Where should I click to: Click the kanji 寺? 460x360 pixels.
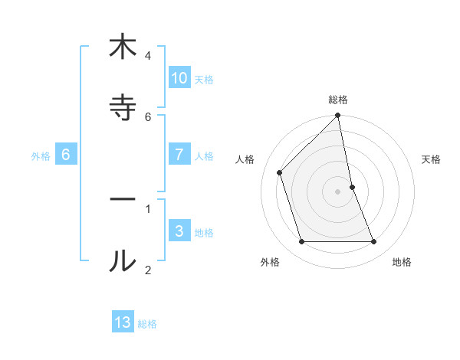[x=123, y=107]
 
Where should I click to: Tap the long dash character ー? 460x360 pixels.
[x=123, y=199]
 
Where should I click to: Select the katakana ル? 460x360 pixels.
[x=123, y=261]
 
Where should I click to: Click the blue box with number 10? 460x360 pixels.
[x=179, y=78]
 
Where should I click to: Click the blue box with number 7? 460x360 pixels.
[x=179, y=155]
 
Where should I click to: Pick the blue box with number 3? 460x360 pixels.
[x=179, y=231]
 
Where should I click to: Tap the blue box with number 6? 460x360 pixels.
[x=66, y=155]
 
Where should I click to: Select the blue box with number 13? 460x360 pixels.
[x=123, y=322]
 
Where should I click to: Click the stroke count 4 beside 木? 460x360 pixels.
[x=148, y=56]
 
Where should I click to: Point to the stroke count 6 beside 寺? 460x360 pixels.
[x=148, y=116]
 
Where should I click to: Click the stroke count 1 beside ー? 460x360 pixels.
[x=148, y=208]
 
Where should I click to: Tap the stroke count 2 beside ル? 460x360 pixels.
[x=148, y=270]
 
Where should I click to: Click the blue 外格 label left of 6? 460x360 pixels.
[x=41, y=156]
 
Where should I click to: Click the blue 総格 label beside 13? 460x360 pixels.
[x=147, y=324]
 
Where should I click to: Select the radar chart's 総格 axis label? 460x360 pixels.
[x=338, y=100]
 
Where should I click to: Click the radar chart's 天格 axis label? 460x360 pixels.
[x=432, y=159]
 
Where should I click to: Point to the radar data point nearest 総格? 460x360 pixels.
[x=338, y=116]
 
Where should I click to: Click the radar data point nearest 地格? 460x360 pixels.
[x=374, y=242]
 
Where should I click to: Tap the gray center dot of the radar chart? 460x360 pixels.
[x=338, y=191]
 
